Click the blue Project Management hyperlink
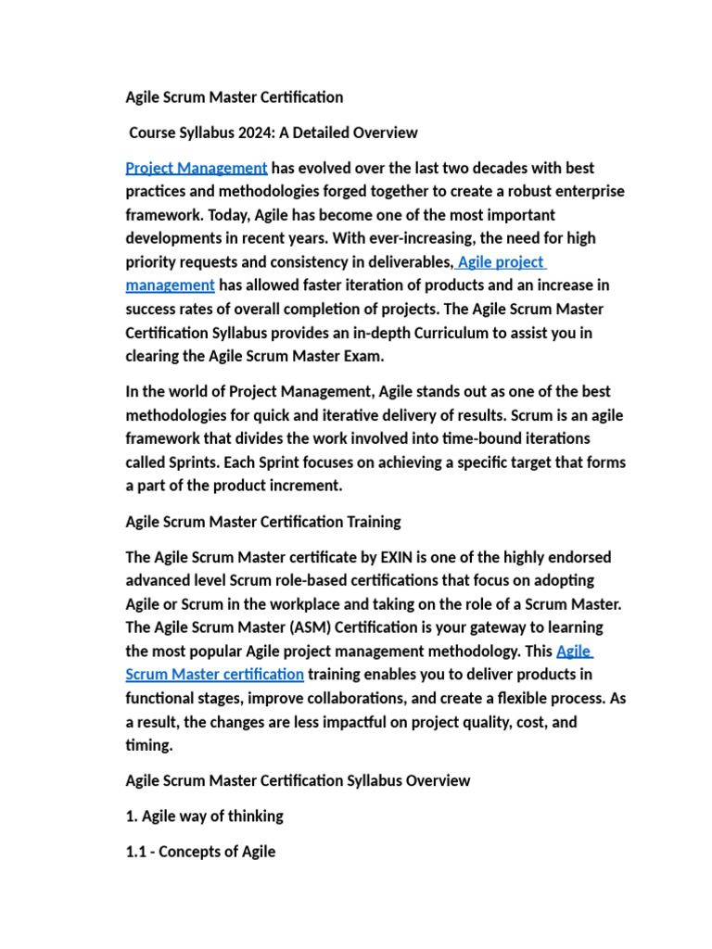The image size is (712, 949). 197,168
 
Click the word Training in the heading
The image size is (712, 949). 371,521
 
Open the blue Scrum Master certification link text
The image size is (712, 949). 214,674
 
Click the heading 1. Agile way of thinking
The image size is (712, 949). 204,816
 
